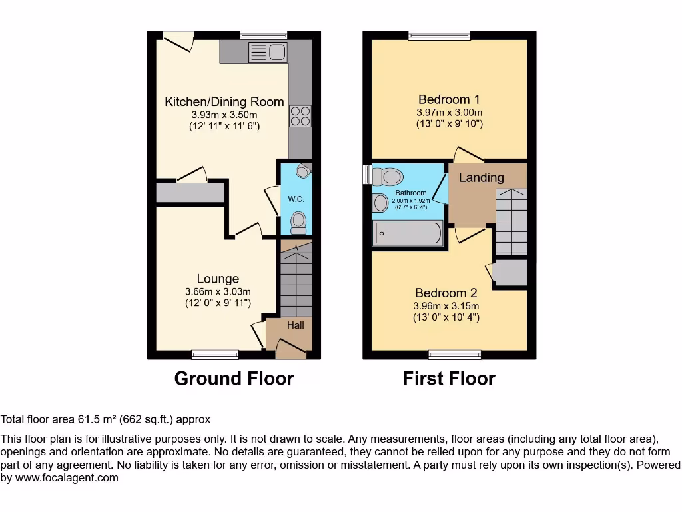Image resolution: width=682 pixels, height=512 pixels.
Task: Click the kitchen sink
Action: click(x=266, y=51)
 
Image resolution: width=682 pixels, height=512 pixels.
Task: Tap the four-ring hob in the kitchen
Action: click(x=300, y=117)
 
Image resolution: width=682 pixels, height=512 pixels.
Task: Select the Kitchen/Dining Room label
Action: click(x=224, y=102)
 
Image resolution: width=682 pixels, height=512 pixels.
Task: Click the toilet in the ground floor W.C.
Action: click(x=299, y=221)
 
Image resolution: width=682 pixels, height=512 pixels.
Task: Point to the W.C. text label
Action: click(x=296, y=199)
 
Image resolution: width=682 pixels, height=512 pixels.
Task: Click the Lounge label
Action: click(x=218, y=279)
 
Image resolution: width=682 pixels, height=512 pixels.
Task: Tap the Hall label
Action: click(x=296, y=325)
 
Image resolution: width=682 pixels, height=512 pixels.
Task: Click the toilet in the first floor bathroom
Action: click(x=389, y=177)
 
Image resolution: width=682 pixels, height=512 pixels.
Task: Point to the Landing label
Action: click(x=481, y=177)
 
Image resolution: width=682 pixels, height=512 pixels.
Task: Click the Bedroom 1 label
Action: click(x=450, y=99)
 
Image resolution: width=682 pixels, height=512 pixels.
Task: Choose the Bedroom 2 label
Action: click(x=446, y=293)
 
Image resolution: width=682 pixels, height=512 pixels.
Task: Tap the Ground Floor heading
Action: click(x=234, y=379)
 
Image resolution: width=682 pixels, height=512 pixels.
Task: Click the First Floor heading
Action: click(x=449, y=379)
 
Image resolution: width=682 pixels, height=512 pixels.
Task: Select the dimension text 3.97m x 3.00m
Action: click(x=450, y=112)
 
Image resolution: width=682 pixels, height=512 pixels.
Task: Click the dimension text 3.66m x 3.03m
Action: click(x=218, y=291)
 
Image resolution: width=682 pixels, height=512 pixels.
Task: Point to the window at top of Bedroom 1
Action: click(x=439, y=35)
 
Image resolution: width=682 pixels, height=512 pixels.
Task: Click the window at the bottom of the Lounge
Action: click(x=215, y=354)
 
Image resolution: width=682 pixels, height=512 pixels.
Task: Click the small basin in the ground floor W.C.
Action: click(x=304, y=172)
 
